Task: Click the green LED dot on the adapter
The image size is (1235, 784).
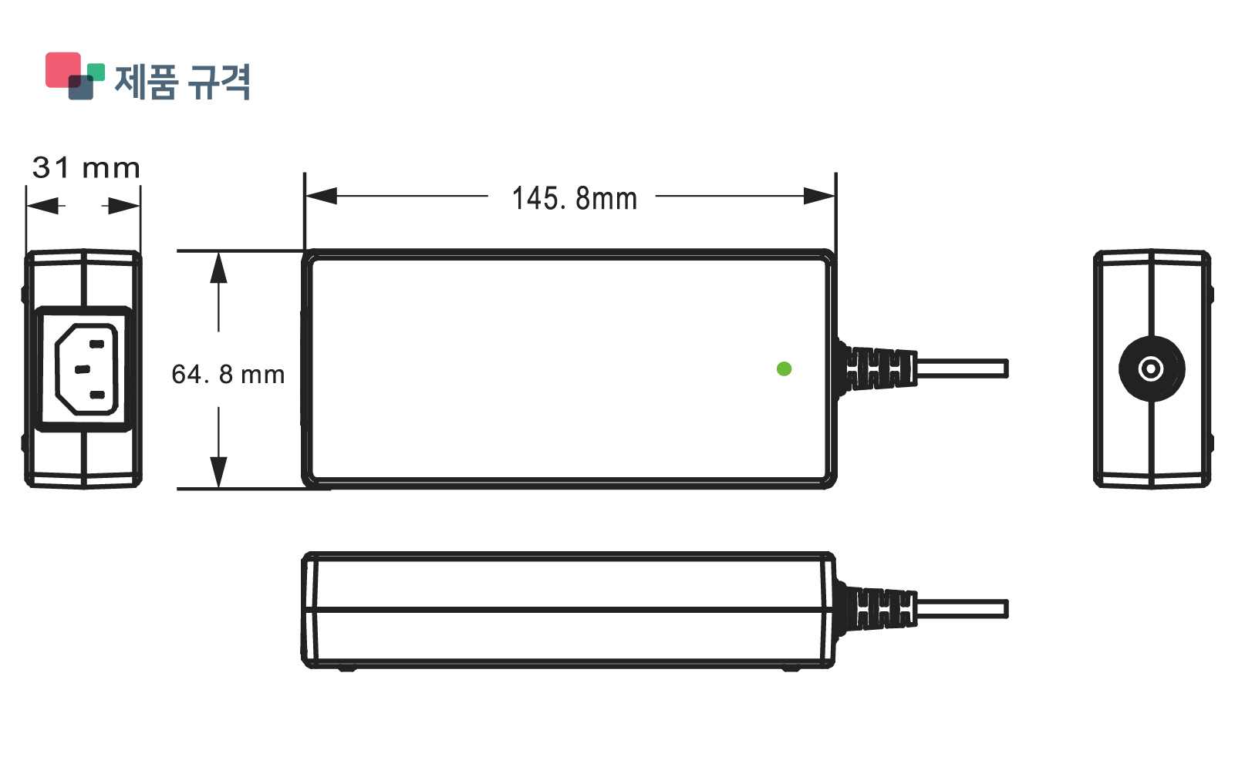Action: click(784, 369)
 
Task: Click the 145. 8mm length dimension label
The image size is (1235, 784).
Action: click(575, 199)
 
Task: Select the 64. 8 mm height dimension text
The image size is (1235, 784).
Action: click(228, 375)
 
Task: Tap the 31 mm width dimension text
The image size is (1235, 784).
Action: click(86, 168)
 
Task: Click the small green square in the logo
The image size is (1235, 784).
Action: click(96, 72)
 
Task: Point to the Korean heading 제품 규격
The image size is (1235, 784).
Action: click(183, 82)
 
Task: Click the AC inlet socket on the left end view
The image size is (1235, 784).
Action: click(86, 369)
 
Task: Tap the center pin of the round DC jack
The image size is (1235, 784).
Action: click(1151, 369)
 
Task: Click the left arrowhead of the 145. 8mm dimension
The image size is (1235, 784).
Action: click(321, 196)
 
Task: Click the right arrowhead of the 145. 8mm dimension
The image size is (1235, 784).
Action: click(819, 196)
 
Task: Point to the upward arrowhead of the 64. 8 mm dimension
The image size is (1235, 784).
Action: click(219, 267)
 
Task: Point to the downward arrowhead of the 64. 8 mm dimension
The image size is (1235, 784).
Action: click(219, 472)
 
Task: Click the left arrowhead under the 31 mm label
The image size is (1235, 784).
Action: click(43, 206)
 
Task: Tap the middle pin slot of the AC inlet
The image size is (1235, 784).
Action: click(83, 369)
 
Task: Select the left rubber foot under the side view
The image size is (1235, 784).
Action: click(347, 668)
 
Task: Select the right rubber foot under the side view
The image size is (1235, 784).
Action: click(791, 668)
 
